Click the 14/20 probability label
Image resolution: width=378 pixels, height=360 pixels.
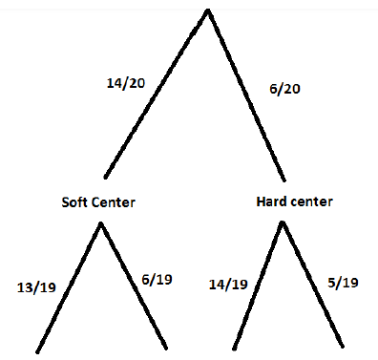point(126,83)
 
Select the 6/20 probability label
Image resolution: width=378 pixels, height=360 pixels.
point(284,89)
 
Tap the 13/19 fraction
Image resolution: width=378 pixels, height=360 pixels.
point(36,287)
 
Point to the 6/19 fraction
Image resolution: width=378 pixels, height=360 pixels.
point(157,280)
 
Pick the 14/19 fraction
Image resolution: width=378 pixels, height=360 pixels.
point(228,285)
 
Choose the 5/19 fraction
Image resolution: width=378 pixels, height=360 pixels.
point(343,283)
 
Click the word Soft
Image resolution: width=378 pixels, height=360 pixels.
point(74,202)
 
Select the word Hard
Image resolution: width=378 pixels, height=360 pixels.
point(270,201)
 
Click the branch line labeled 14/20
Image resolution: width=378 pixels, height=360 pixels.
point(157,94)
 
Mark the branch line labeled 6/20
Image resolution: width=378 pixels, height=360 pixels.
point(246,95)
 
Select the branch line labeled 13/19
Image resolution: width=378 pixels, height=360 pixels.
point(69,287)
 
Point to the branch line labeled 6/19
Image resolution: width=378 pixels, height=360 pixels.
point(134,286)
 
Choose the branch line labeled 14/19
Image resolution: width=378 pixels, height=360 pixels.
point(258,285)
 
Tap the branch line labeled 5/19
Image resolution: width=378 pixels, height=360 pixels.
point(312,284)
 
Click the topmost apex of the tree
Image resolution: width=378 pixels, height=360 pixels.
point(208,11)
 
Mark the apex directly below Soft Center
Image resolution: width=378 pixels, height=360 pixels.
point(101,223)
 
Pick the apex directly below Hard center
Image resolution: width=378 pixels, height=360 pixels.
point(283,222)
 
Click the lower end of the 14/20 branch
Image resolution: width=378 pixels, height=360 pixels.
point(105,177)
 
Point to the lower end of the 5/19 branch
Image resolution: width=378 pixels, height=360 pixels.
point(343,347)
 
